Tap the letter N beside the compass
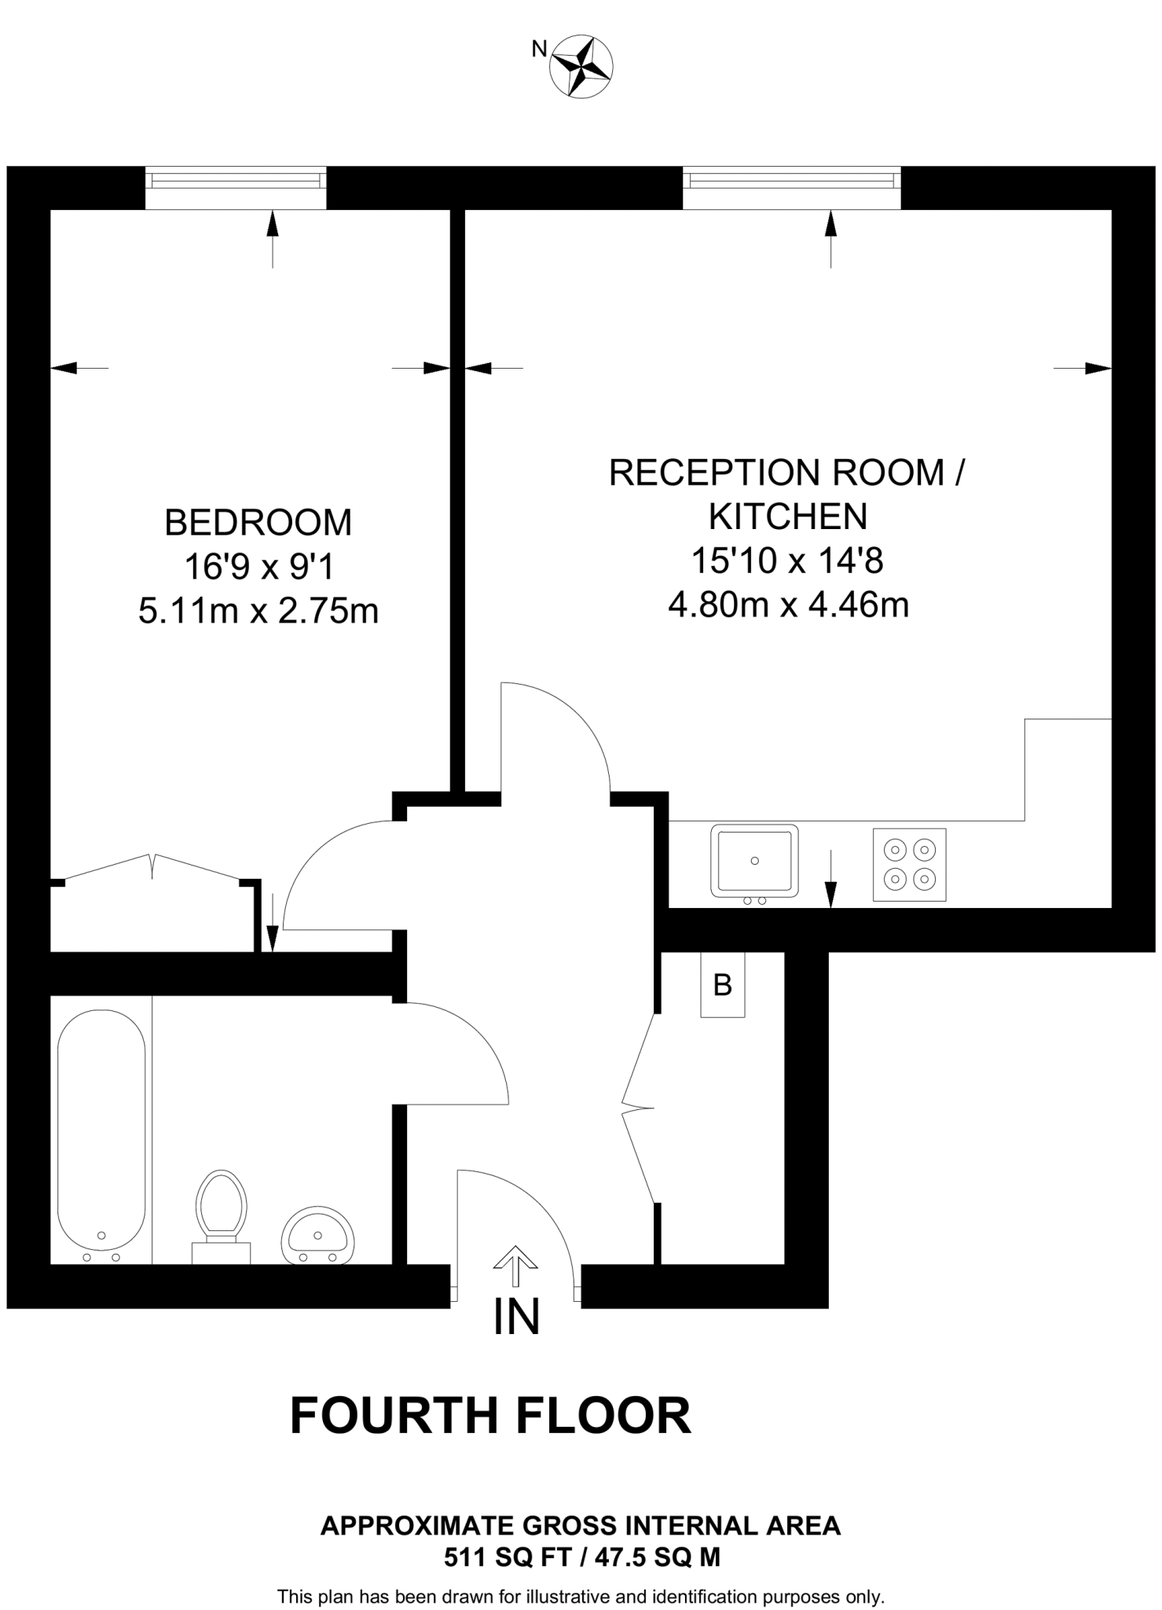tap(539, 50)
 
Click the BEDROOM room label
tap(258, 523)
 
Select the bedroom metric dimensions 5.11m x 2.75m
tap(258, 611)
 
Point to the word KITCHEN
tap(788, 516)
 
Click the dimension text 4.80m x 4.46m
tap(788, 605)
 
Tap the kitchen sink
tap(754, 861)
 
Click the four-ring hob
tap(909, 864)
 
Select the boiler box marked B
tap(722, 984)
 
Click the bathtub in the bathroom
tap(101, 1132)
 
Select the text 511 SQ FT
tap(505, 1557)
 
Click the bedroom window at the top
tap(236, 181)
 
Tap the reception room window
tap(791, 181)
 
